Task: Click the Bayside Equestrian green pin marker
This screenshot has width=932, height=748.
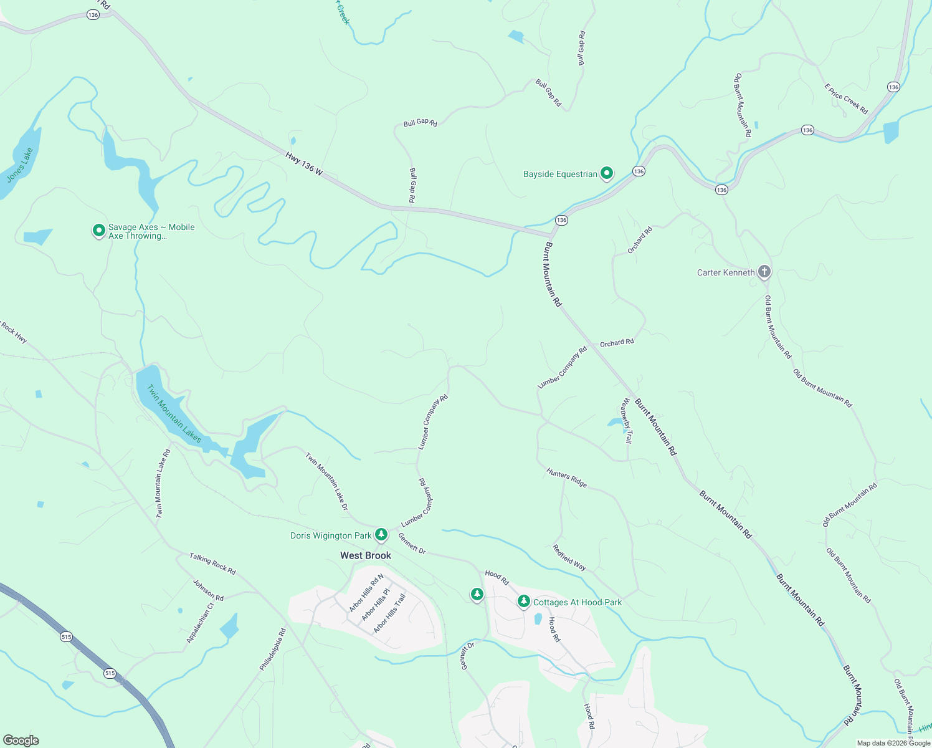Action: [x=607, y=174]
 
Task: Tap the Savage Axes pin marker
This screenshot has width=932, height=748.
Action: [x=98, y=231]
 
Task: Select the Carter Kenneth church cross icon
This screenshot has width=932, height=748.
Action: [x=764, y=272]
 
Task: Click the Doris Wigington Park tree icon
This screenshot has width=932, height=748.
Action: [x=381, y=535]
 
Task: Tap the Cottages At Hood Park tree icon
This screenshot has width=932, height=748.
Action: [x=524, y=602]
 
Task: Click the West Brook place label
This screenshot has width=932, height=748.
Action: [x=366, y=555]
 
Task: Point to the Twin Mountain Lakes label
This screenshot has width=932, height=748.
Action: [x=174, y=414]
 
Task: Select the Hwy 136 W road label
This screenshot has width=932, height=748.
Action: [x=304, y=163]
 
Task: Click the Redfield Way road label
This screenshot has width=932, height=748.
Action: [x=569, y=557]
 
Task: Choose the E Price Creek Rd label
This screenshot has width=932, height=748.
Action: [x=846, y=99]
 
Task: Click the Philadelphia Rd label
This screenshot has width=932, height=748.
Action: [x=273, y=650]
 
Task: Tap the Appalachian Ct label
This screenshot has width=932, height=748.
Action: [x=200, y=623]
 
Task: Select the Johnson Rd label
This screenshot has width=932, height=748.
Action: [x=208, y=590]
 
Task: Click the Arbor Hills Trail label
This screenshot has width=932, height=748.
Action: [x=389, y=614]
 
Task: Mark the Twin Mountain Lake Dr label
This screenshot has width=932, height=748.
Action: [x=326, y=481]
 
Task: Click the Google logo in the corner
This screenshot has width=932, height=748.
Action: [x=21, y=741]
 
